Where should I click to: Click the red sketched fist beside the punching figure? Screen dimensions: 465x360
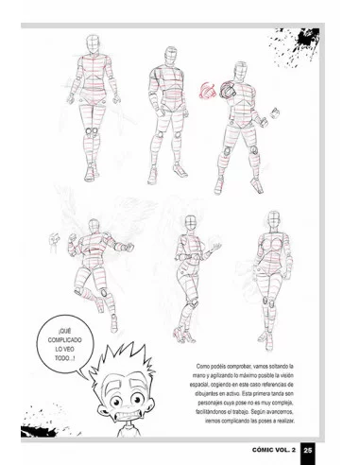tap(209, 91)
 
